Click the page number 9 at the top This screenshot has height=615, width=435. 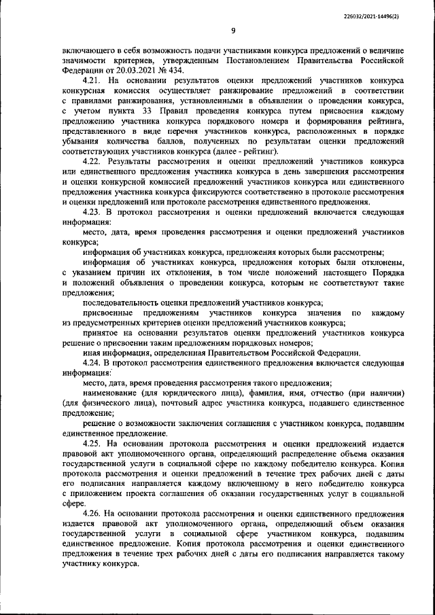[x=233, y=30]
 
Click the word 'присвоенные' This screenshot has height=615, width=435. [x=107, y=312]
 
